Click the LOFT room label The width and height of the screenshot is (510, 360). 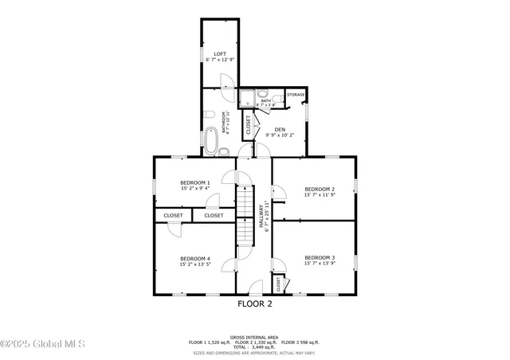coord(219,53)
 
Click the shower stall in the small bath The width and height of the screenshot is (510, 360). coord(248,98)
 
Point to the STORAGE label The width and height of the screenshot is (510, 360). coord(296,95)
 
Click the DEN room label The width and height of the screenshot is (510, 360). coord(280,130)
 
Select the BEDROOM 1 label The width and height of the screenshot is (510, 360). coord(194,182)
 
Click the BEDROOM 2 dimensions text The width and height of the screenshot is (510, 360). coord(319,194)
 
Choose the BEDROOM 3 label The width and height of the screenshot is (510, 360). coord(319,257)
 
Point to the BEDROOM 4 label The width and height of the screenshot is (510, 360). coord(194,258)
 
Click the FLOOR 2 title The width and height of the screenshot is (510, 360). coord(255,303)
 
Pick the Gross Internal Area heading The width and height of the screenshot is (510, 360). coord(254,337)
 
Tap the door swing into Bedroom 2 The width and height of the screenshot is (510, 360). coord(278,191)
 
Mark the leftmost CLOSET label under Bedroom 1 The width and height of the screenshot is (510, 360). coord(173,215)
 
